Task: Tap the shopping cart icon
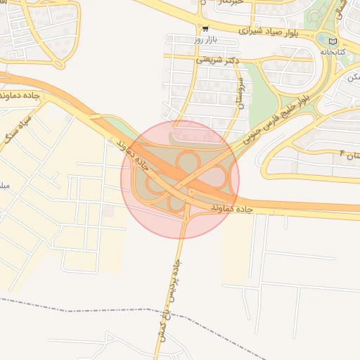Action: point(205,30)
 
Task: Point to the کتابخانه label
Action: point(333,52)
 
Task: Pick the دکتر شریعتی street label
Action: point(217,60)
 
